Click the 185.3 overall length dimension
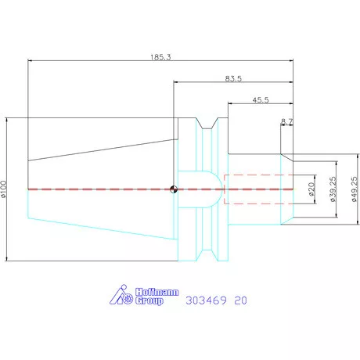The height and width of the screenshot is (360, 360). [x=160, y=57]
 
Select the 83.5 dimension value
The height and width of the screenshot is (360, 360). [x=233, y=78]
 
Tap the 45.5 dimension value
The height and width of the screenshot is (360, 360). [x=261, y=100]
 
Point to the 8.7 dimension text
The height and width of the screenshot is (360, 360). [x=287, y=121]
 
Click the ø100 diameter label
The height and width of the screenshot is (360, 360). [x=3, y=189]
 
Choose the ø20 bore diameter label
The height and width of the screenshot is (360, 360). [x=311, y=189]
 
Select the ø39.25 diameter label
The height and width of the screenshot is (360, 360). [x=333, y=189]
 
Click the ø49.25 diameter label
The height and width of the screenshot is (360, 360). [x=355, y=189]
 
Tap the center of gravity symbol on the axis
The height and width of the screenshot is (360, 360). [x=174, y=189]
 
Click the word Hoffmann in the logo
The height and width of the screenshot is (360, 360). [x=157, y=292]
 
